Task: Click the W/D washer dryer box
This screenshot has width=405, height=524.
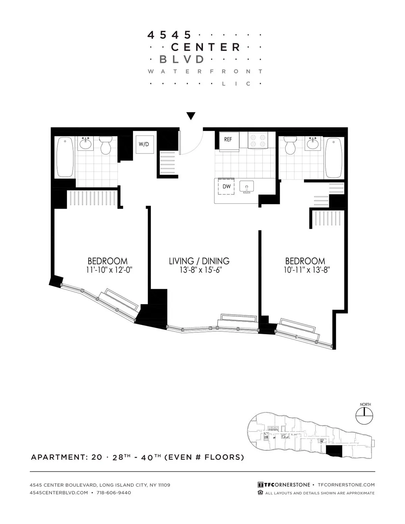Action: pyautogui.click(x=144, y=144)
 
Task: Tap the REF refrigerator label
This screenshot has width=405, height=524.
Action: pyautogui.click(x=228, y=139)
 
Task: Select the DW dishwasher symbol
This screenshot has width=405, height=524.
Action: pyautogui.click(x=226, y=186)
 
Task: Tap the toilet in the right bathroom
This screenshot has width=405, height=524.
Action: pyautogui.click(x=290, y=145)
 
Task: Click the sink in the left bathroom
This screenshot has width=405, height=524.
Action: pyautogui.click(x=86, y=144)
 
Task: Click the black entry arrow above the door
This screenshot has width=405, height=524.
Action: pyautogui.click(x=191, y=116)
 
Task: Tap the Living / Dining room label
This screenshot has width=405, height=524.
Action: pyautogui.click(x=199, y=261)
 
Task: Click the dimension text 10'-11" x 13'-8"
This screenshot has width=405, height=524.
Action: pyautogui.click(x=306, y=270)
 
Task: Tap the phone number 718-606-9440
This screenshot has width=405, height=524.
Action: pyautogui.click(x=114, y=493)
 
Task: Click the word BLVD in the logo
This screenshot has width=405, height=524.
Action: pyautogui.click(x=182, y=59)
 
